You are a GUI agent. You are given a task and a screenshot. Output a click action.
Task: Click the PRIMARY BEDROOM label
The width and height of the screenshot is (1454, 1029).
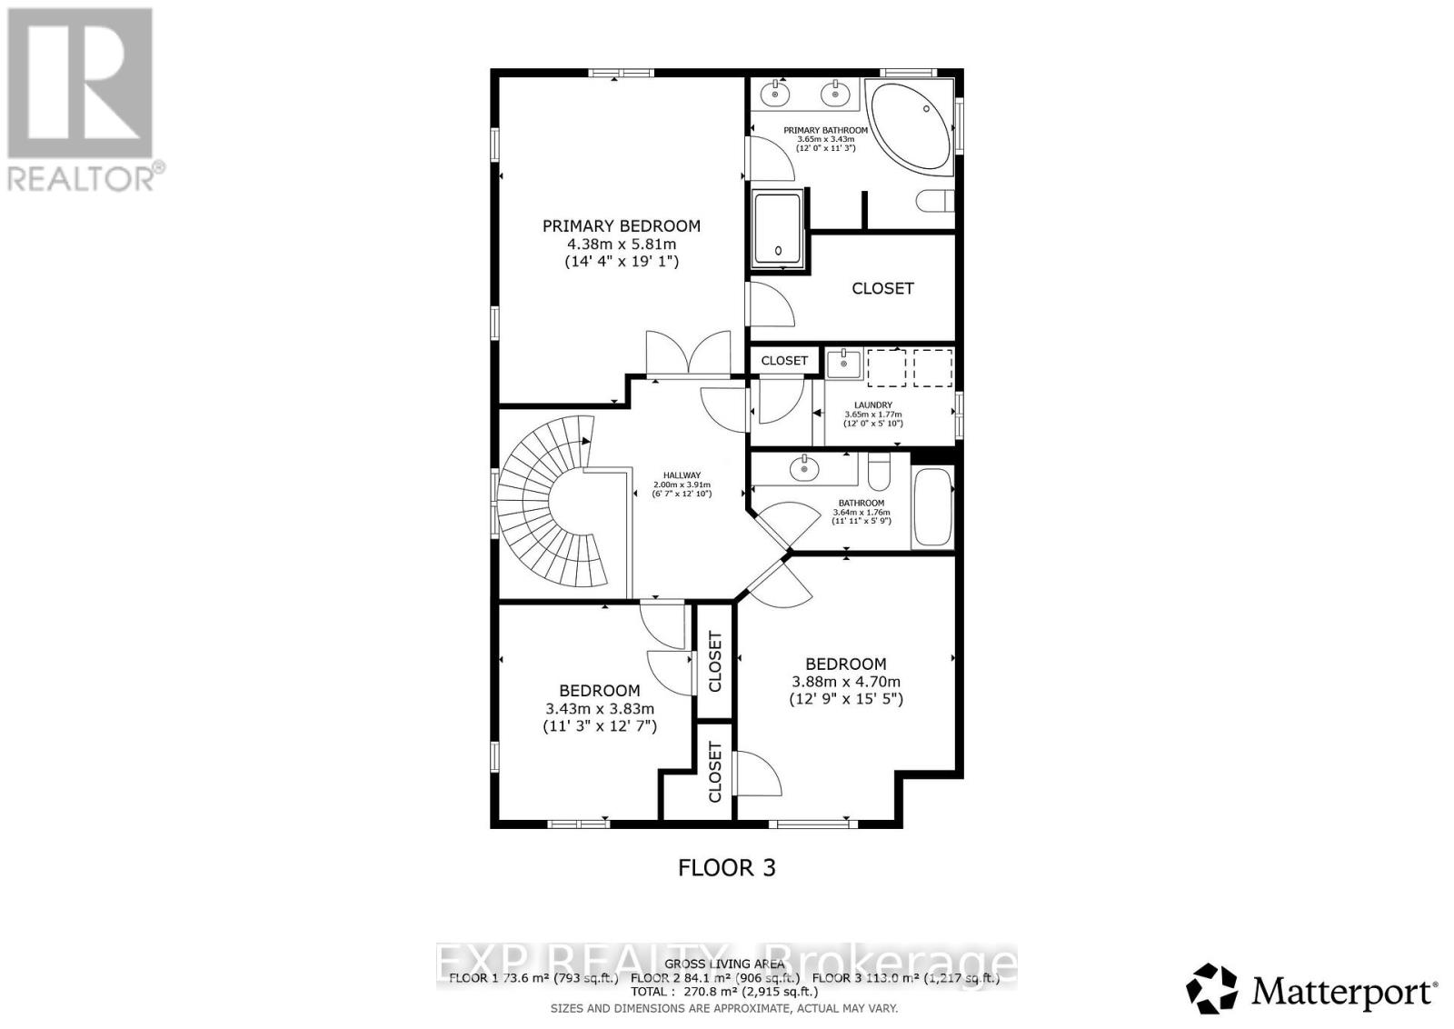[x=622, y=226]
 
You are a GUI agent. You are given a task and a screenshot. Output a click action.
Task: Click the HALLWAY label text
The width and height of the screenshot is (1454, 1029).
[x=682, y=475]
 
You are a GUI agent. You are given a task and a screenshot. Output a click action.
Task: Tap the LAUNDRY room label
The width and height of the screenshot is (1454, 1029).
[x=872, y=405]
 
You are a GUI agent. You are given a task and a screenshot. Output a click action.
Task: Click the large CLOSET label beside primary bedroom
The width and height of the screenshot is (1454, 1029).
[x=882, y=288]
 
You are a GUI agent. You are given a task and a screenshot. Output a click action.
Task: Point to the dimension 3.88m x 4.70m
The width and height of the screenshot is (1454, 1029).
[x=846, y=682]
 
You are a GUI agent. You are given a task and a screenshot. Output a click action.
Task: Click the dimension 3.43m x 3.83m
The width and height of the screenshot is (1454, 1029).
[x=600, y=709]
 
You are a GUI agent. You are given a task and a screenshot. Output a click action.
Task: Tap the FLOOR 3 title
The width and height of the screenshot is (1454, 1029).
[x=727, y=867]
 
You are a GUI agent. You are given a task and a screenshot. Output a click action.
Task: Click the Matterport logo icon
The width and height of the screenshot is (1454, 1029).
[x=1212, y=989]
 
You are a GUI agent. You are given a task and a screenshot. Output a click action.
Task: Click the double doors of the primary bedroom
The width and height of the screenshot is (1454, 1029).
[x=688, y=356]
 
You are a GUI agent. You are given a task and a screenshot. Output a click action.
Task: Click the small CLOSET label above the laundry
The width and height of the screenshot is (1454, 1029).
[x=784, y=361]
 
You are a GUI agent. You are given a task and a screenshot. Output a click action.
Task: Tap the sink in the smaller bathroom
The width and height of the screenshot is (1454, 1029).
[x=804, y=469]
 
